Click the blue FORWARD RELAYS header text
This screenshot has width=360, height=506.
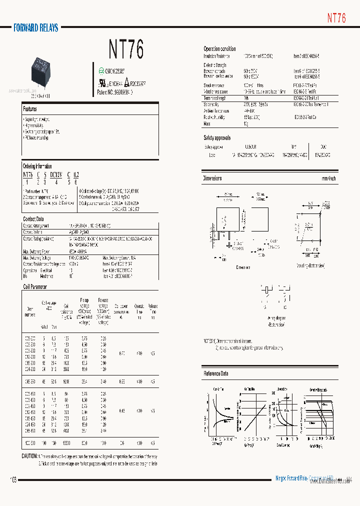point(36,28)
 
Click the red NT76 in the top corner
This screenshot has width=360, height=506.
point(336,17)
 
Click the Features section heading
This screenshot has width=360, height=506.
point(30,108)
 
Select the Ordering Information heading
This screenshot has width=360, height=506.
point(37,166)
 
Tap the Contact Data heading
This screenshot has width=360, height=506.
point(33,219)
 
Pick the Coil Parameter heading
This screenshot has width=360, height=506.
point(35,287)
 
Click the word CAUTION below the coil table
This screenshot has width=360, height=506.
point(29,456)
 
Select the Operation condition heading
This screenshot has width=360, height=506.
point(219,48)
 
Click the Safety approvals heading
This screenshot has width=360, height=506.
point(217,137)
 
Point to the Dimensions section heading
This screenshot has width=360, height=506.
point(212,178)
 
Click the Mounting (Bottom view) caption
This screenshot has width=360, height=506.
point(310,265)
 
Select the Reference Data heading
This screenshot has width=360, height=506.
point(216,373)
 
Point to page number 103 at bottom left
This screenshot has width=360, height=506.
point(13,479)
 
